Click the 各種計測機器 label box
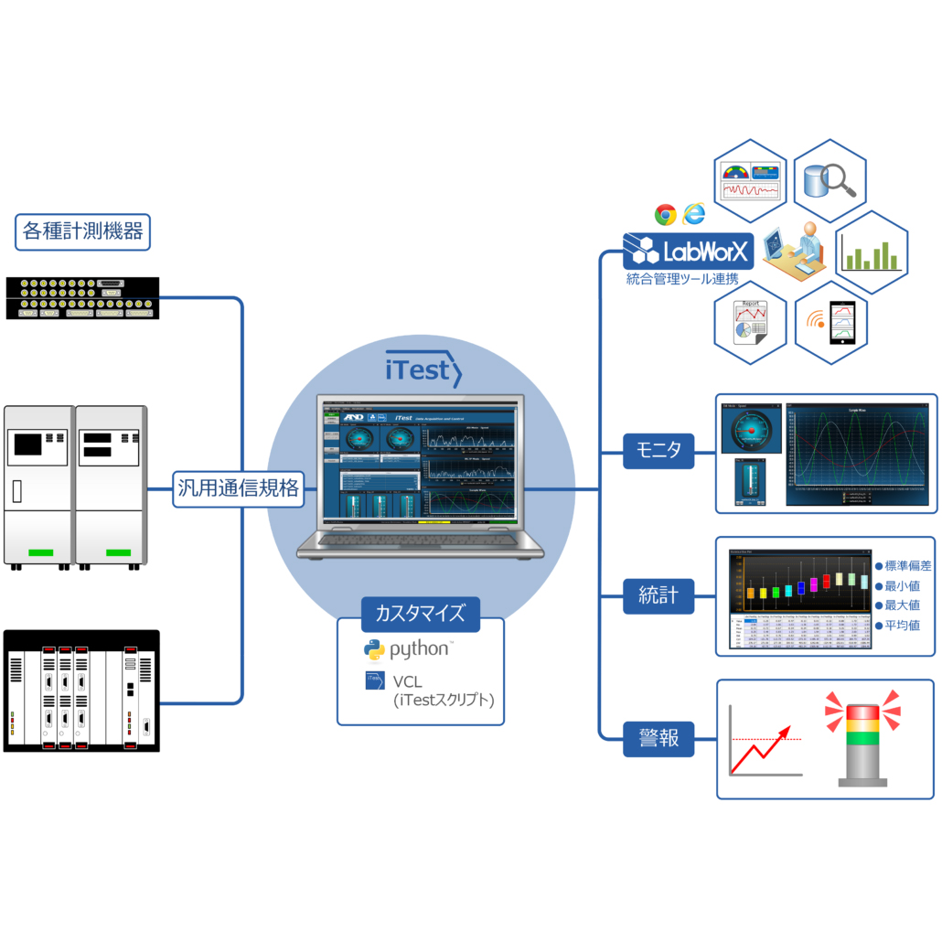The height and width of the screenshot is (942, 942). coord(82,232)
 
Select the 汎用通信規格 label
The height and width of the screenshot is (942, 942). coord(237,488)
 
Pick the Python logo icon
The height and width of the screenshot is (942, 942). coord(374,650)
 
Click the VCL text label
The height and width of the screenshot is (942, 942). coord(408,681)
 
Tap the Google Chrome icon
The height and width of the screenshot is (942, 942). coord(665,215)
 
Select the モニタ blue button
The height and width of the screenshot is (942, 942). coord(658,449)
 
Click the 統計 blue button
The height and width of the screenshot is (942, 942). coord(658,595)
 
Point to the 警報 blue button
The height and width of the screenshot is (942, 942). coord(658,737)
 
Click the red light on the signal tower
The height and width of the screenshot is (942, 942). coord(862,712)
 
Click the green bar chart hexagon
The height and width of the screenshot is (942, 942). coord(872,252)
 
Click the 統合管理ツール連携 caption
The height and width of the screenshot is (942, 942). coord(682,278)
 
